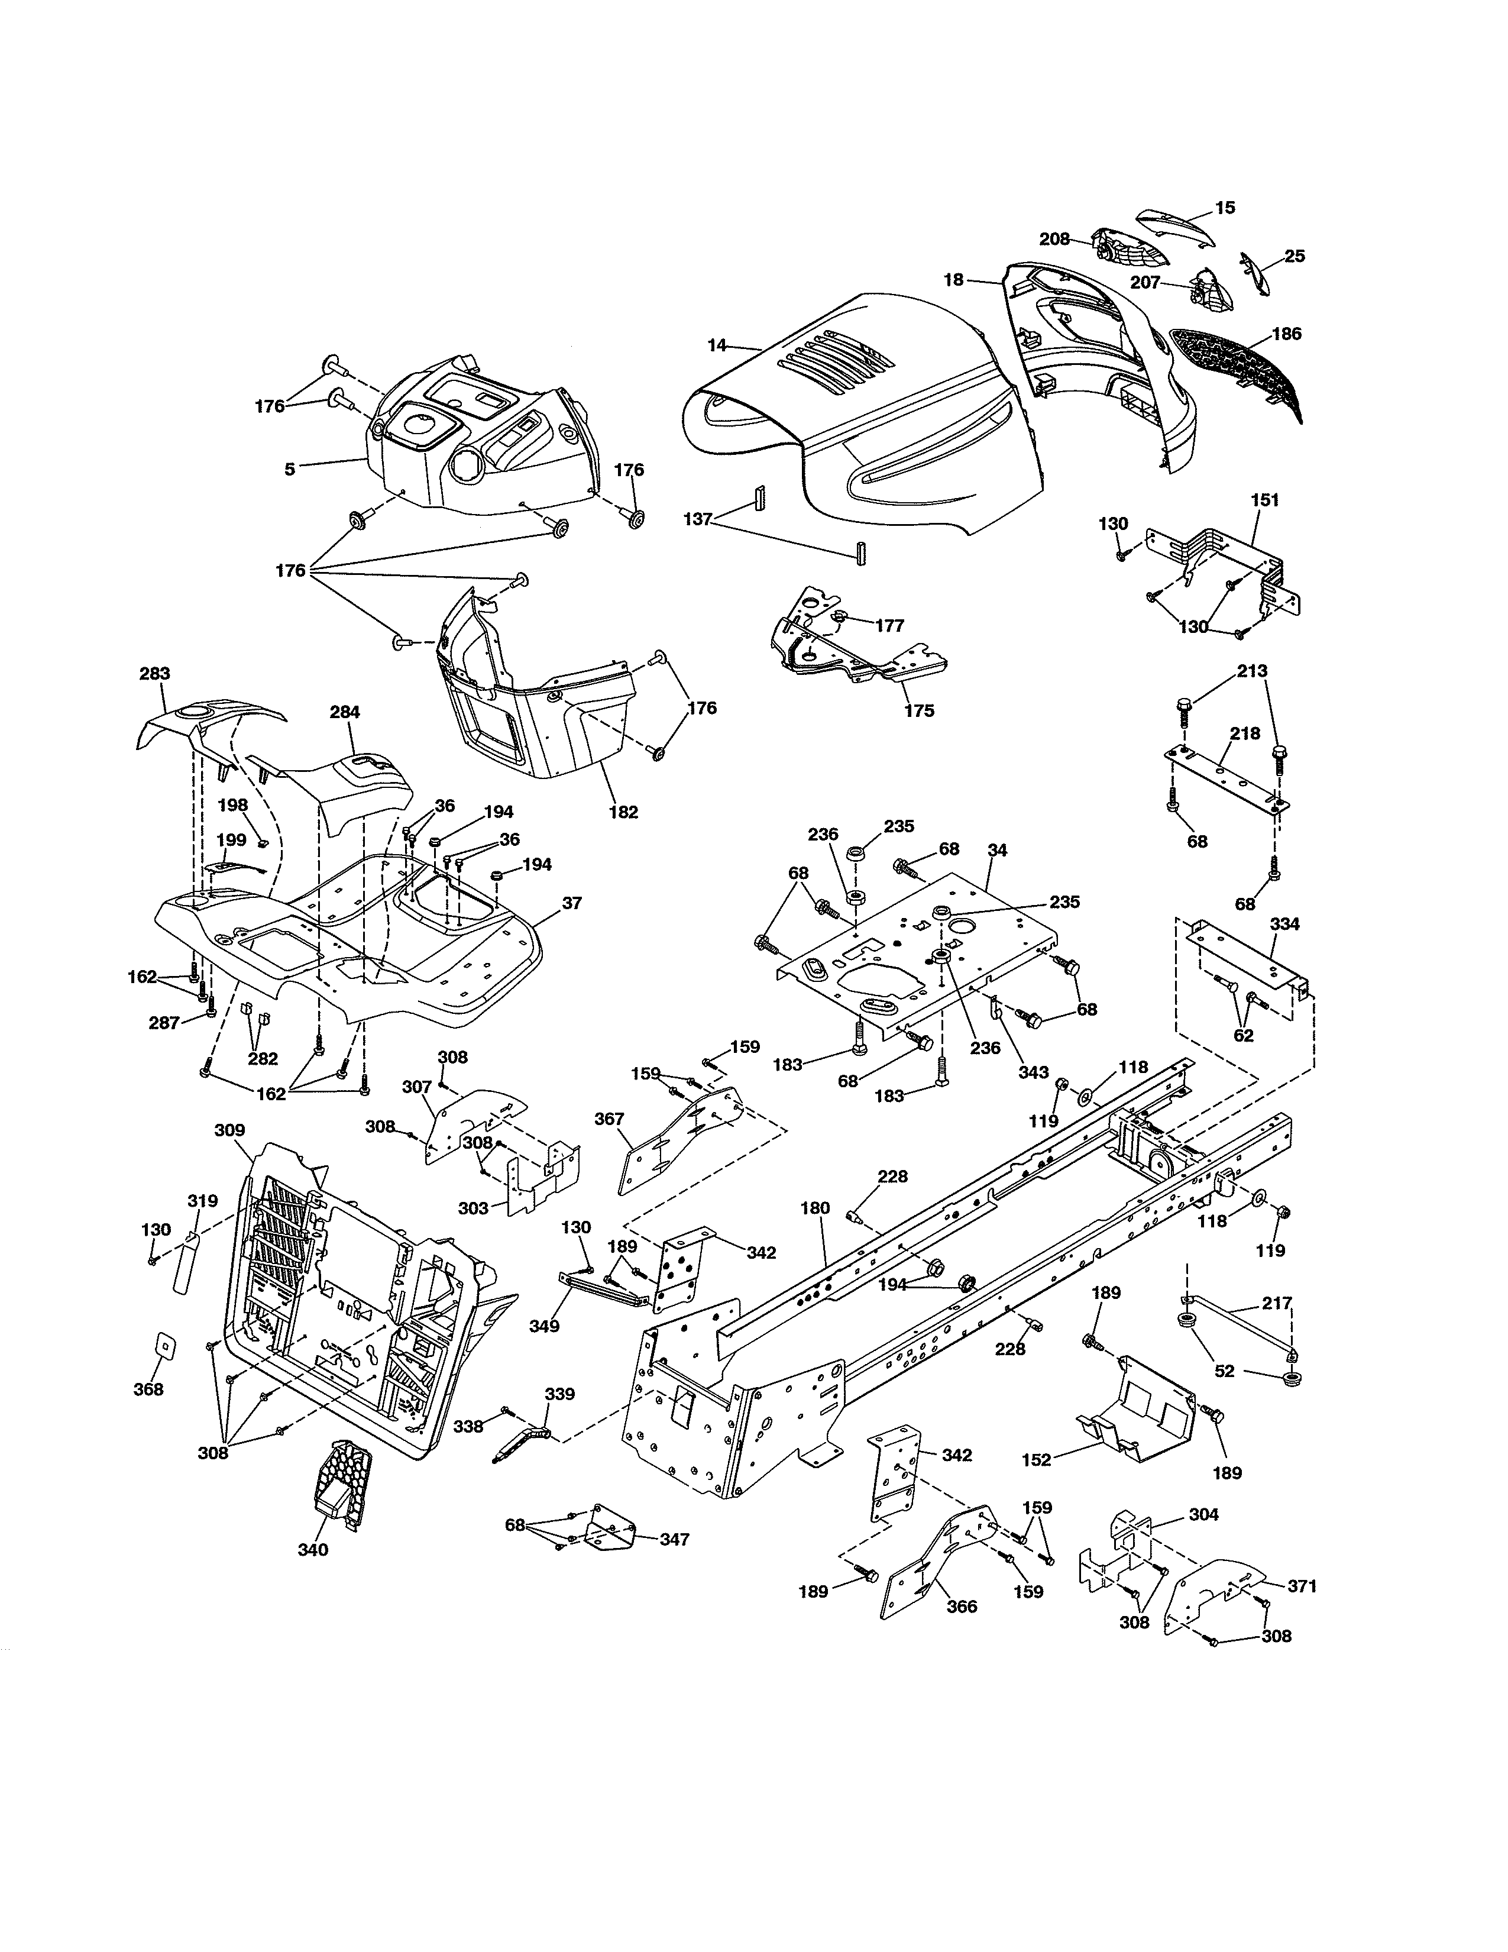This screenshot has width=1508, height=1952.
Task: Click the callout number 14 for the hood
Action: coord(717,345)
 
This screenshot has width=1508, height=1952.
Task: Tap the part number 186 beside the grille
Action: coord(1286,334)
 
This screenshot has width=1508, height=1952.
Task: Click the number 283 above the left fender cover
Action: coord(154,674)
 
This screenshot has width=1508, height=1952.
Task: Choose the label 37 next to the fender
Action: coord(572,903)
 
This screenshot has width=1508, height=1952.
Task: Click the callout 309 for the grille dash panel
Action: coord(229,1130)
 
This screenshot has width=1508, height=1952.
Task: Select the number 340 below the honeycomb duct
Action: coord(313,1550)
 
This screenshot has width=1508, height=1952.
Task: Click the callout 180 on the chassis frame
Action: coord(815,1208)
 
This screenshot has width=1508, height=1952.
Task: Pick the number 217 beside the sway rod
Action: coord(1277,1303)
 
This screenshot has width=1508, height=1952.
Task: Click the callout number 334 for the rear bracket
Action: coord(1284,924)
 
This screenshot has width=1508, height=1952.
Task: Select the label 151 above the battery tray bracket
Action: coord(1264,500)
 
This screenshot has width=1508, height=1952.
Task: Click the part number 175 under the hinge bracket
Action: coord(918,710)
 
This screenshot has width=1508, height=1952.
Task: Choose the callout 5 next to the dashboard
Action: coord(289,468)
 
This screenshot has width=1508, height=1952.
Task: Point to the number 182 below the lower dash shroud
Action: coord(623,812)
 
